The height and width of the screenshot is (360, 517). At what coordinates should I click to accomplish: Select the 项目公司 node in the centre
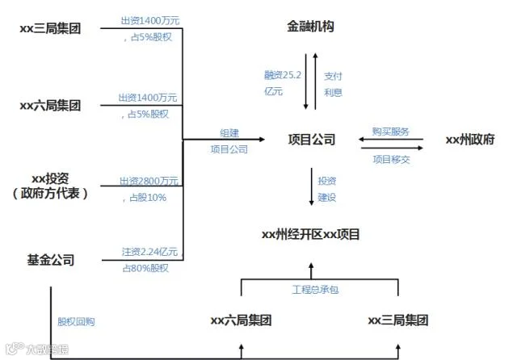(x=311, y=140)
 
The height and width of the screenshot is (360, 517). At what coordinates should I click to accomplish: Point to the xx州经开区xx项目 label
(x=310, y=235)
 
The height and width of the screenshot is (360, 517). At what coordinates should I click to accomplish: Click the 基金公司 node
(x=51, y=260)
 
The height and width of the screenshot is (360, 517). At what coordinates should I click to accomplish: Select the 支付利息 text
(x=333, y=83)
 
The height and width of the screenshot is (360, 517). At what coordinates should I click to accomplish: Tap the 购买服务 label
(x=390, y=132)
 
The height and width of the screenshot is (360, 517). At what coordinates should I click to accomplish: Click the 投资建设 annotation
(x=327, y=189)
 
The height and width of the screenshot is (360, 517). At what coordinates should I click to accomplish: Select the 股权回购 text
(x=76, y=321)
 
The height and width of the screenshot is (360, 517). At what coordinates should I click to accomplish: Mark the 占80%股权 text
(x=145, y=268)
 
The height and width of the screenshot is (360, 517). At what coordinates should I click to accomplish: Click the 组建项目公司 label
(x=229, y=140)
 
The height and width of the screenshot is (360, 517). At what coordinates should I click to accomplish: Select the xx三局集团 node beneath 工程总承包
(x=397, y=320)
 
